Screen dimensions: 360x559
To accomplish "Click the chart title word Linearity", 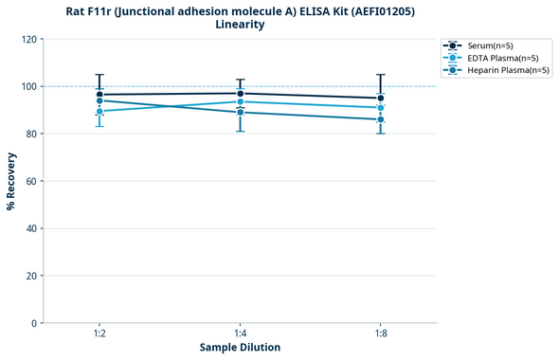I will pos(240,25).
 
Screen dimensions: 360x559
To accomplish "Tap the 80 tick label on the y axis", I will pos(29,134).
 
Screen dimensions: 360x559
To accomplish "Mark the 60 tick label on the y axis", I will pos(29,181).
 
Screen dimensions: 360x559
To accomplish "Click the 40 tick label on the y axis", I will pos(29,228).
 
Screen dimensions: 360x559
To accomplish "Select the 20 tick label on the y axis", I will pos(29,276).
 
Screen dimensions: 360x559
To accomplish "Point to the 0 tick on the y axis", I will pos(32,323).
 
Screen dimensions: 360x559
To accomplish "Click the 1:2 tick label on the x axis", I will pos(99,334).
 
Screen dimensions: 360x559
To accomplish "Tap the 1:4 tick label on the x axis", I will pos(240,334).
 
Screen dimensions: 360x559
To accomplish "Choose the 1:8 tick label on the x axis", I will pos(381,334).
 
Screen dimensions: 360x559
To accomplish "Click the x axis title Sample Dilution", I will pos(240,348).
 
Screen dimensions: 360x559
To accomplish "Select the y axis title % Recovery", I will pos(11,181).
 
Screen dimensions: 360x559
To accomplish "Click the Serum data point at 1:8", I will pos(381,98).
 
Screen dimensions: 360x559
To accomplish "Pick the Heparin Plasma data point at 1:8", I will pos(381,119).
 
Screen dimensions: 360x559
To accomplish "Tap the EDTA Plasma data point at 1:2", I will pos(99,111).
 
